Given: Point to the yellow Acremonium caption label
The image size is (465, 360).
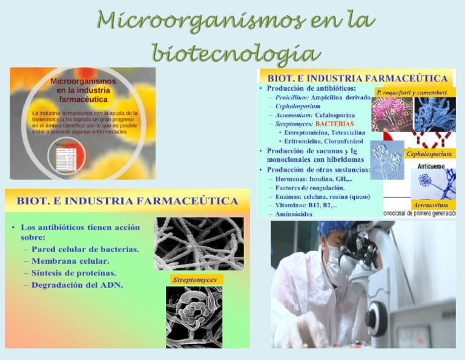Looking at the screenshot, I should pos(430,205).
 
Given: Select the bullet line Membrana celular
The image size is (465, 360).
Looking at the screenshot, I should pos(70,261).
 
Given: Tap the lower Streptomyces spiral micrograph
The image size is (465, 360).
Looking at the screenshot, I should pos(194,316).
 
